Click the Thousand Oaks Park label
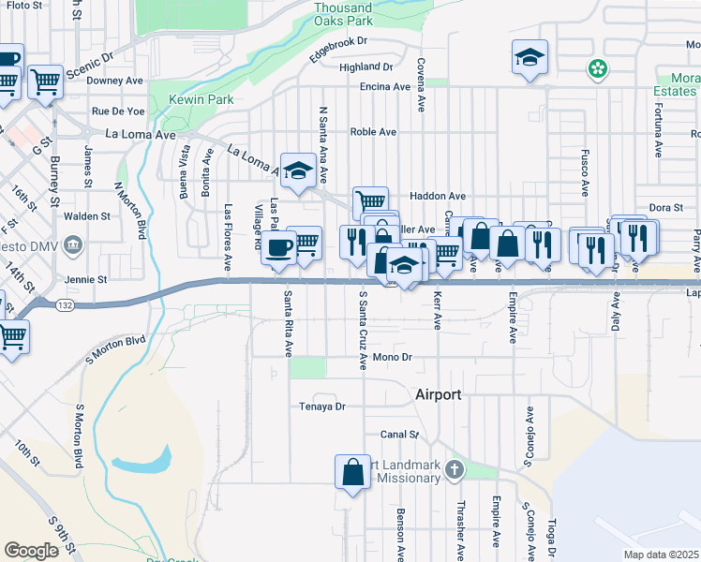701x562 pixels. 343,13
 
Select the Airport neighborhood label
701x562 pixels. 438,395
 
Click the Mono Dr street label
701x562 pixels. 392,357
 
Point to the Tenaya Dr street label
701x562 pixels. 322,407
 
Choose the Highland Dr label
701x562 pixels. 365,67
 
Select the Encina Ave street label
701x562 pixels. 385,87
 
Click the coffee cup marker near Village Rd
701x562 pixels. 278,248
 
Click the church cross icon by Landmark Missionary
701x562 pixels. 455,468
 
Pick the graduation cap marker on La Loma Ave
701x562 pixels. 299,170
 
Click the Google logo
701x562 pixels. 31,551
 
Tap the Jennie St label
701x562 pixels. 86,279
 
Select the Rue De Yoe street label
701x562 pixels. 118,111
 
